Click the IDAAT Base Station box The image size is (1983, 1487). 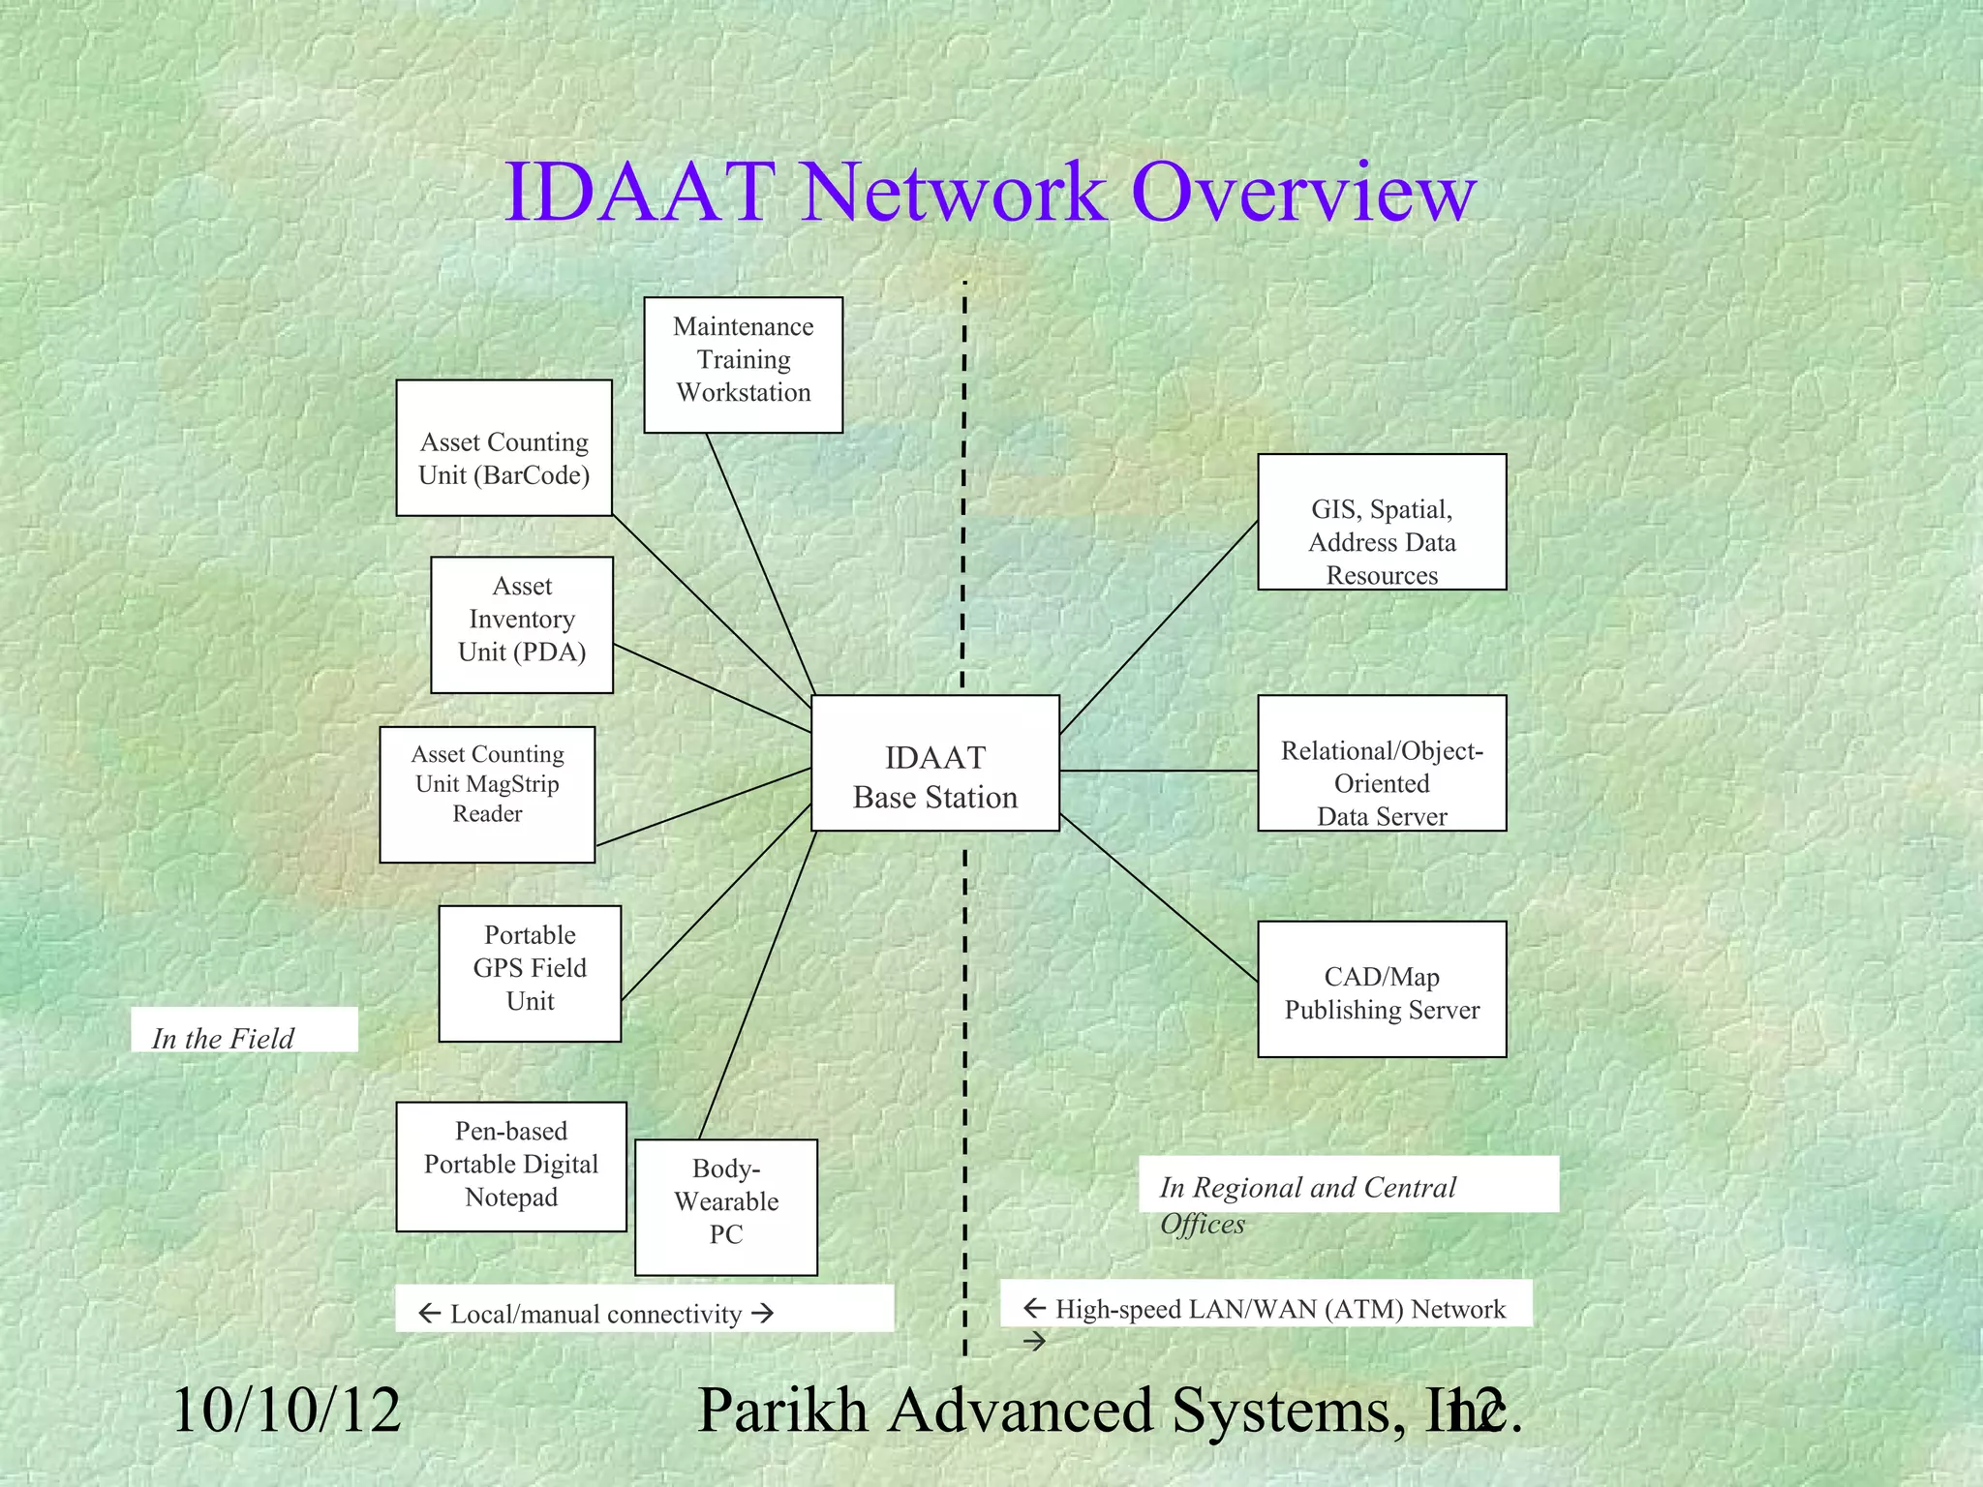934,764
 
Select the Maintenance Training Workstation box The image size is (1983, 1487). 743,365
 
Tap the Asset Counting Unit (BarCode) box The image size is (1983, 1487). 503,448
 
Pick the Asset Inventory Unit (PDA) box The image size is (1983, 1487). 522,624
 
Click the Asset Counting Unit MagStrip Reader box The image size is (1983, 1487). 487,795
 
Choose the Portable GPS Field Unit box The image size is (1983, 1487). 530,974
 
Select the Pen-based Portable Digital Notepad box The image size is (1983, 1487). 511,1167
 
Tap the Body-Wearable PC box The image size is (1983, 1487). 726,1207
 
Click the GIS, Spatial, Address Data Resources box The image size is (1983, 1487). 1382,522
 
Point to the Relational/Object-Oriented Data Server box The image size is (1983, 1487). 1382,763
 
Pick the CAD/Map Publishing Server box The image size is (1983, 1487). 1382,989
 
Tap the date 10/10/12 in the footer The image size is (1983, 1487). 287,1411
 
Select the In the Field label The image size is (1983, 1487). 224,1038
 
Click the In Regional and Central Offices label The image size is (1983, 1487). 1307,1188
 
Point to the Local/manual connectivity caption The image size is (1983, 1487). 595,1314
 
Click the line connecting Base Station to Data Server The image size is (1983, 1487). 1158,772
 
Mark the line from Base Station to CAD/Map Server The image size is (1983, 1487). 1158,897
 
